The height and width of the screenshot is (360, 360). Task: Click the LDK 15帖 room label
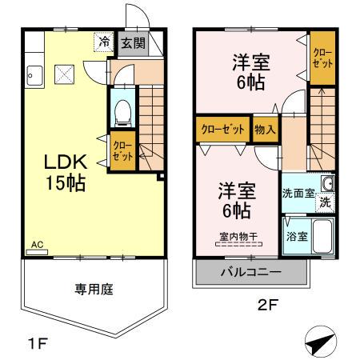click(64, 170)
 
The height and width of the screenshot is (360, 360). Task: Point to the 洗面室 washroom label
click(298, 193)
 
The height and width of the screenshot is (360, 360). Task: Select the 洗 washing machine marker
click(325, 203)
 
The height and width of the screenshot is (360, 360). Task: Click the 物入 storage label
click(265, 130)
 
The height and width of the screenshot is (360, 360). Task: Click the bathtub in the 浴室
click(322, 236)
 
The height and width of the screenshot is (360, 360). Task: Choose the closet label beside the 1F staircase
click(123, 150)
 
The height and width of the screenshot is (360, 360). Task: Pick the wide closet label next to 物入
click(222, 130)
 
